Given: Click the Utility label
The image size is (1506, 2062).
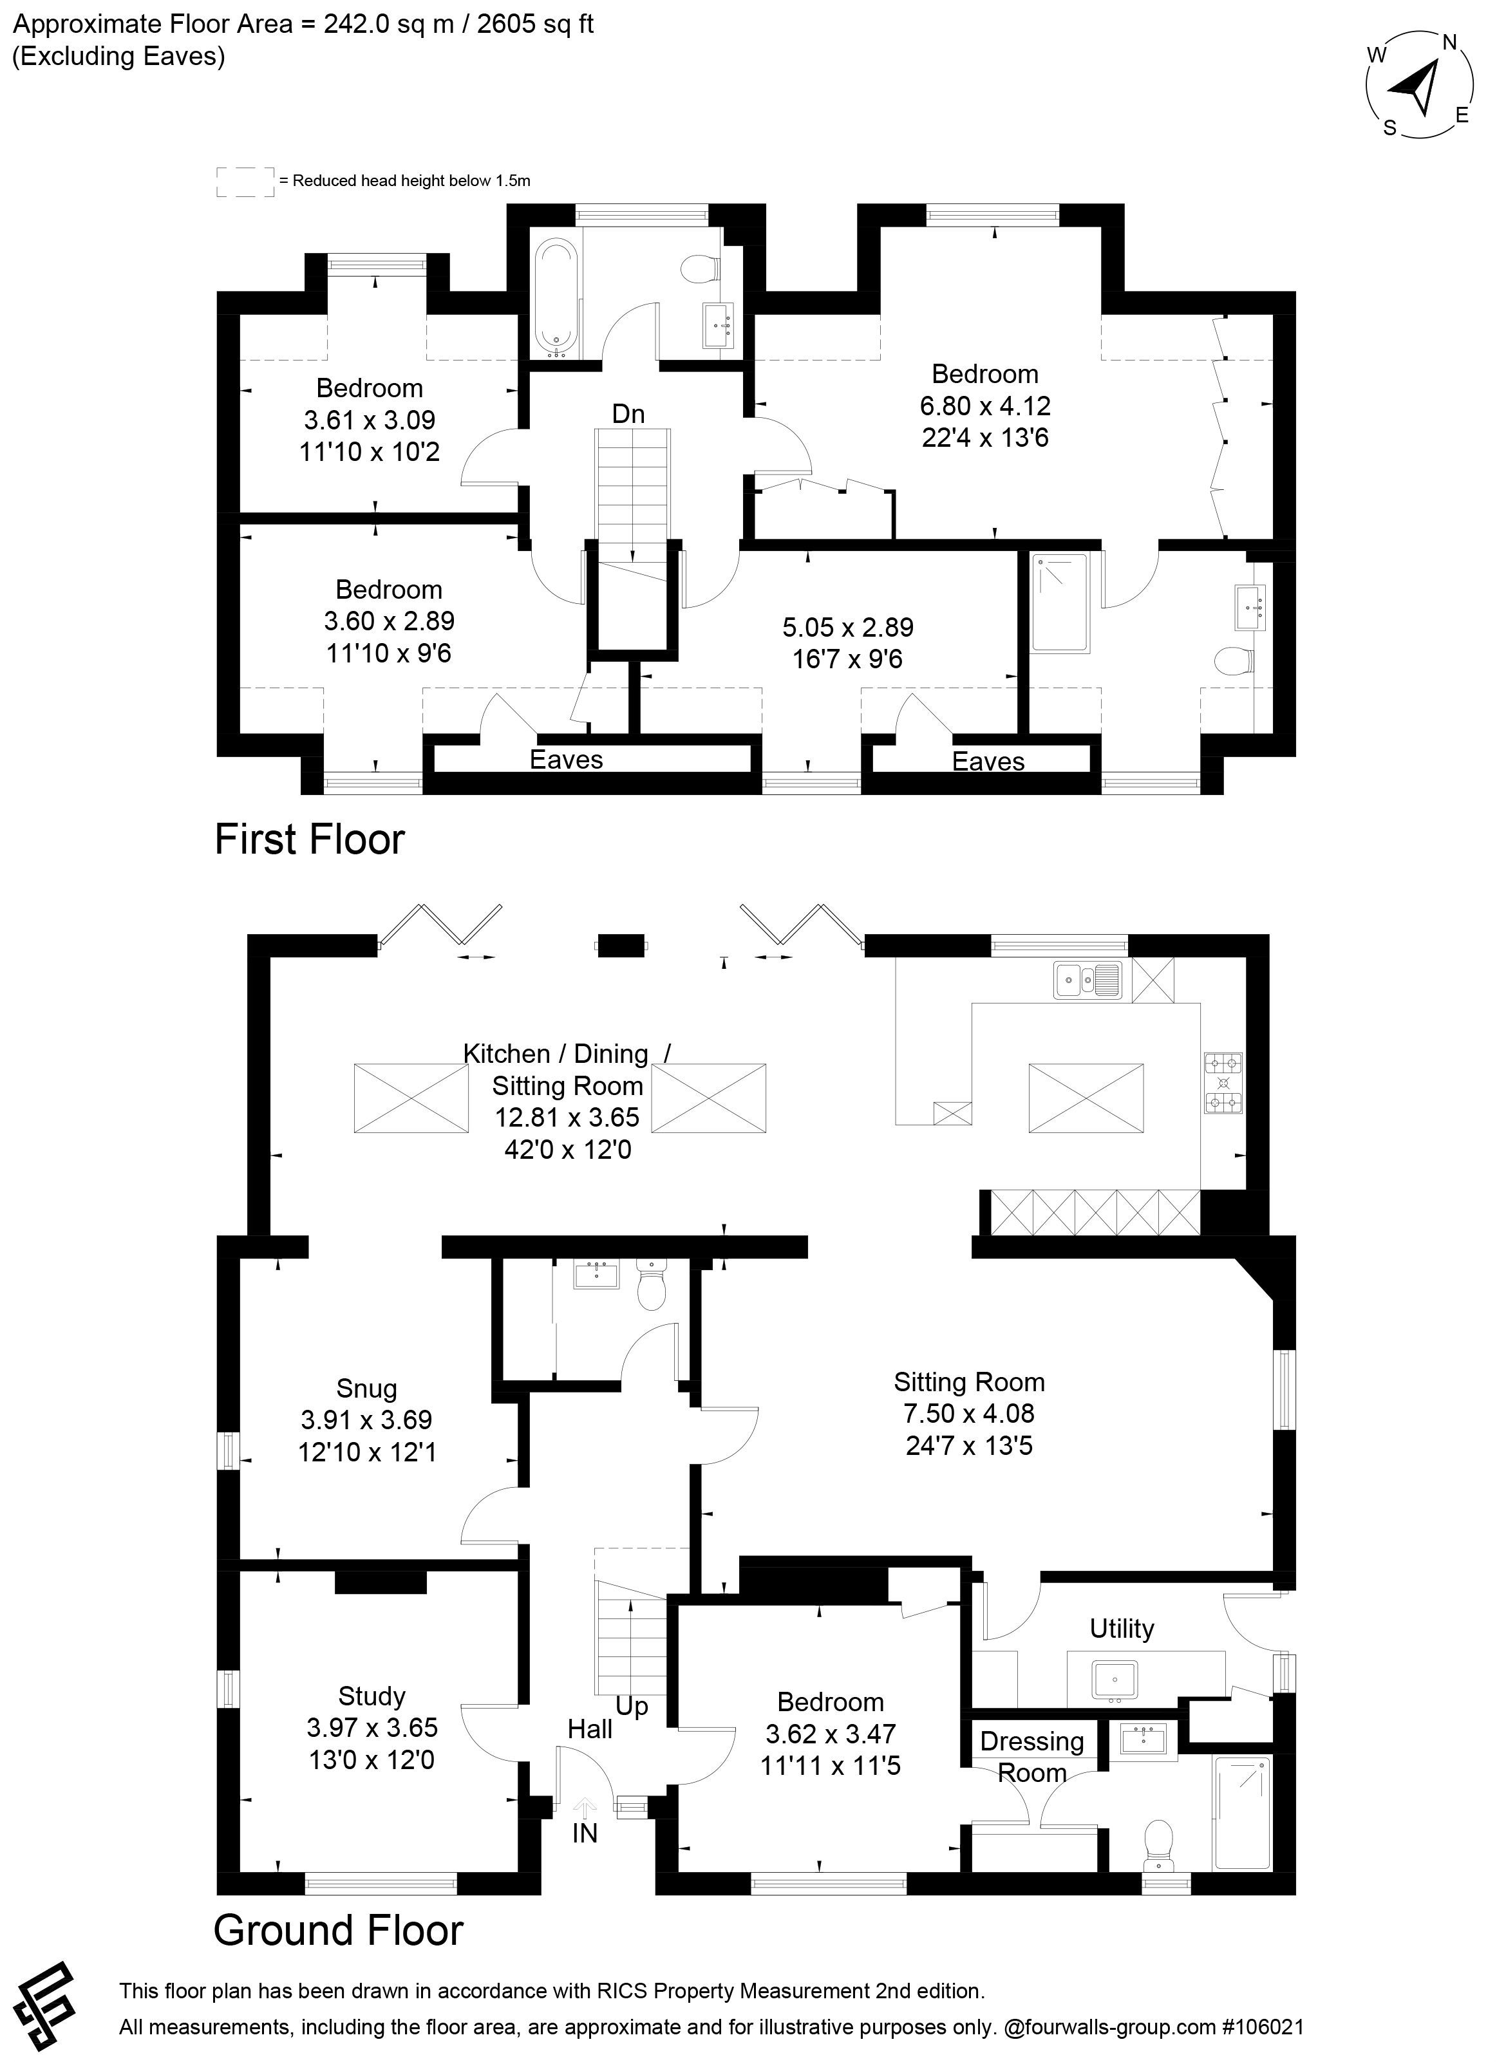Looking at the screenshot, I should point(1122,1628).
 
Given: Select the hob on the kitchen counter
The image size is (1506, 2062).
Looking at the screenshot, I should point(1223,1083).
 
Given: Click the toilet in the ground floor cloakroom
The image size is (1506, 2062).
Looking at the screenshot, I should point(651,1286).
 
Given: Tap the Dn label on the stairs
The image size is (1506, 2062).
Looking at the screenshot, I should point(628,415).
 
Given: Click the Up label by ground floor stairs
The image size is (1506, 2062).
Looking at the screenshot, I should point(632,1707).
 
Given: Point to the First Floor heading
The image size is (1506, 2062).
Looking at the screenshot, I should point(309,839).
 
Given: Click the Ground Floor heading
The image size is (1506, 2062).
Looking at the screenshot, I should point(338,1930).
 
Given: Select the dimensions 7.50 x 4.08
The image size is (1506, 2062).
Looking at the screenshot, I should point(968,1414).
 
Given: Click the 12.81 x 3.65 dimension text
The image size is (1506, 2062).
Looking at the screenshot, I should point(567,1118).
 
